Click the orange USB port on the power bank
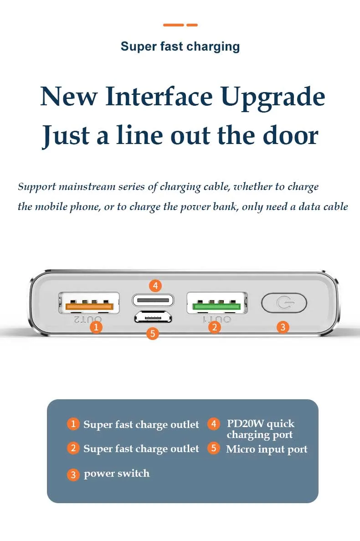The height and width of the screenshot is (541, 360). [x=89, y=304]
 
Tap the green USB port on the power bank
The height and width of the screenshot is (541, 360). [x=217, y=304]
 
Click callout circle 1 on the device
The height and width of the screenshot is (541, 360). [x=96, y=327]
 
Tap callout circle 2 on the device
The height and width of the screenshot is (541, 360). [x=215, y=327]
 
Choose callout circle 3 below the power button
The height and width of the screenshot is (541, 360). [x=283, y=327]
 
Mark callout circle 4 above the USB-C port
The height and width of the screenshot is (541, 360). [x=155, y=286]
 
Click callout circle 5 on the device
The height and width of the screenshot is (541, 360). [x=153, y=334]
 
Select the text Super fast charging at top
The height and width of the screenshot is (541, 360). [x=180, y=46]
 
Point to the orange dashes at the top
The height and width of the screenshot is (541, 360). [x=180, y=25]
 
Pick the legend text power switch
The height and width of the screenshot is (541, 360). [x=117, y=474]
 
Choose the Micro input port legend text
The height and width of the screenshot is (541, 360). [x=267, y=449]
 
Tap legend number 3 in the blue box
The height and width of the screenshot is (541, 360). [x=73, y=474]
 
